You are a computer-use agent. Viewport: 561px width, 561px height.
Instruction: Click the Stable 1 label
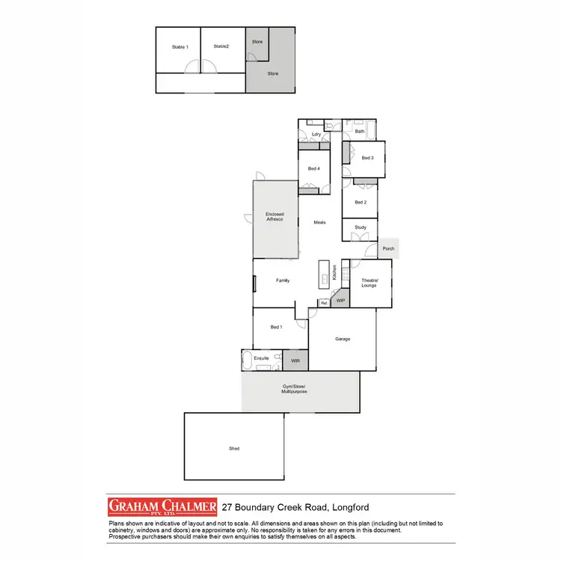180,47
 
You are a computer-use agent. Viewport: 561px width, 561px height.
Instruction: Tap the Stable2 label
221,46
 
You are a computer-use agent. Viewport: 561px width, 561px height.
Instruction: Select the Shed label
234,448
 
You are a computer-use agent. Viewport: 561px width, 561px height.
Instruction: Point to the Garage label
343,339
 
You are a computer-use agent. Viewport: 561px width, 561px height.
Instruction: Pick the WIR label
295,359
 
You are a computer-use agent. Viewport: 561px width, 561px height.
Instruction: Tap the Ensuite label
262,358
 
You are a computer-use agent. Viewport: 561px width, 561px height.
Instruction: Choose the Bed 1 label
276,327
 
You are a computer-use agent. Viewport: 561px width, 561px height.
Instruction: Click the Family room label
283,280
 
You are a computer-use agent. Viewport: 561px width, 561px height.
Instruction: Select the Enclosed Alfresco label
275,217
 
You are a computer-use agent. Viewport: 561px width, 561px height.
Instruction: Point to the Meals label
320,222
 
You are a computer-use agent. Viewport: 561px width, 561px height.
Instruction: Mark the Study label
360,227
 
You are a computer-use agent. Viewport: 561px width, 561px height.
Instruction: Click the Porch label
388,249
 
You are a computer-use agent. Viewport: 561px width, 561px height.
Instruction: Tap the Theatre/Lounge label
370,283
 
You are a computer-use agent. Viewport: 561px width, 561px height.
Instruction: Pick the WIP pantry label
340,300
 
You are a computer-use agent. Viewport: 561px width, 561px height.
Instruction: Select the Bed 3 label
367,158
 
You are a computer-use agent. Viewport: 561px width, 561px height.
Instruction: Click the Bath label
360,132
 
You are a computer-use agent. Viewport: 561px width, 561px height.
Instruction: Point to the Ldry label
316,135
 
